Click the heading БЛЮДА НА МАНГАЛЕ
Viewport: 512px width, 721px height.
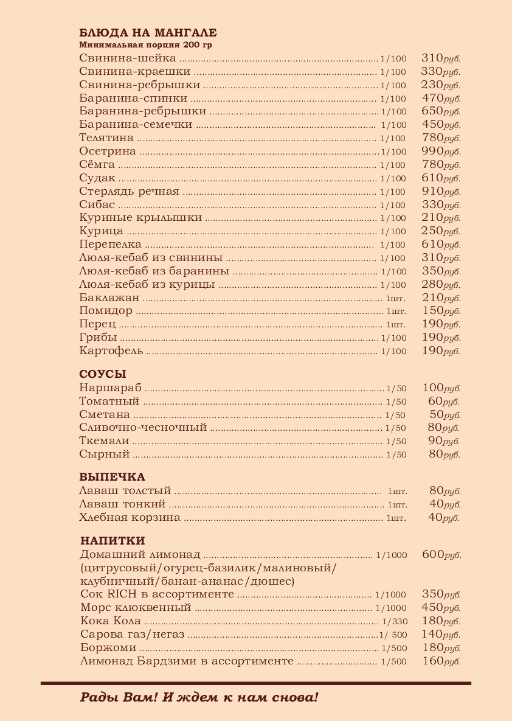(x=148, y=33)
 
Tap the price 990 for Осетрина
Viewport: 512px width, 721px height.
(x=432, y=152)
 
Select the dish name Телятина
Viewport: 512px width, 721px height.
(x=106, y=138)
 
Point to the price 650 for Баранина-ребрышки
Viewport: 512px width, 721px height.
(x=432, y=111)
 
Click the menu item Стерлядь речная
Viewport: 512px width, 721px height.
(x=129, y=192)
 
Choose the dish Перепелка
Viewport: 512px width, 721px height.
(x=110, y=245)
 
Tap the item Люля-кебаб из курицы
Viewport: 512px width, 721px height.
(x=147, y=285)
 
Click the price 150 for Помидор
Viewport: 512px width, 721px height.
(x=432, y=311)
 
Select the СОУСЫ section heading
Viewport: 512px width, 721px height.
(x=103, y=374)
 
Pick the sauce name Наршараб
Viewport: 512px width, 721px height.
(x=110, y=388)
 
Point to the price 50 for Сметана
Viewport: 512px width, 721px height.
(x=437, y=414)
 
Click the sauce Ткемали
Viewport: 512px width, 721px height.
(x=104, y=441)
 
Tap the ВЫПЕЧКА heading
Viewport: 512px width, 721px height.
(x=112, y=477)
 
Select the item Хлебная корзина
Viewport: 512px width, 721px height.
(x=130, y=518)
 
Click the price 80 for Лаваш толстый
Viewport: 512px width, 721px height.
(x=436, y=490)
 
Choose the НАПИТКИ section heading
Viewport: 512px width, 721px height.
(x=112, y=541)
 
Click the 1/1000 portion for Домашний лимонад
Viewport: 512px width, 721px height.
(x=392, y=555)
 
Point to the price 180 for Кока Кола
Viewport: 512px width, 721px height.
(x=432, y=621)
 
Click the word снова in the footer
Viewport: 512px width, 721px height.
(x=296, y=697)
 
